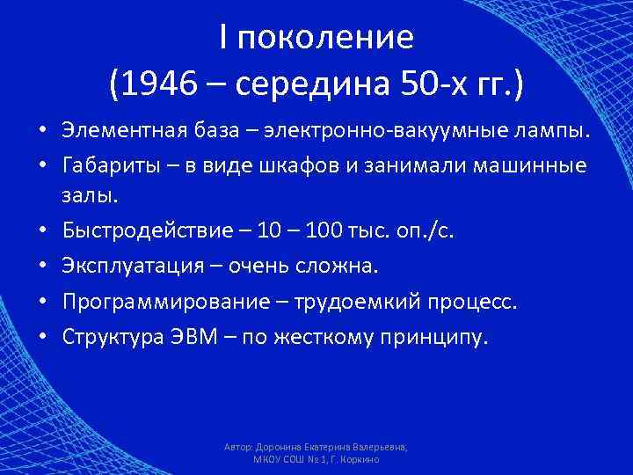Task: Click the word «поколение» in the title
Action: coord(328,38)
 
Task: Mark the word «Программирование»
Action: coord(161,300)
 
